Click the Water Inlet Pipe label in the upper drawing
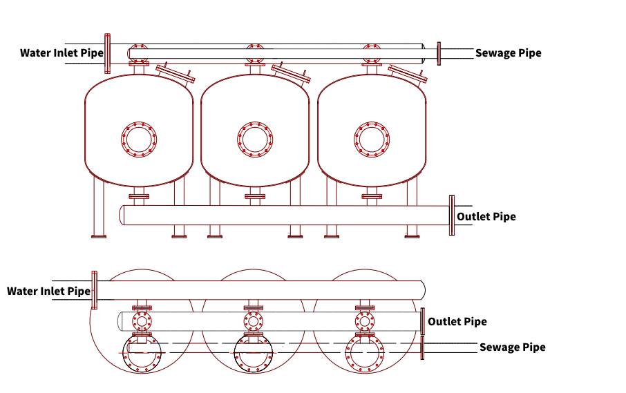[x=61, y=53]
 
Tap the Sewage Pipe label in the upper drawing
[x=509, y=53]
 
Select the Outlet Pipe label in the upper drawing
[x=486, y=217]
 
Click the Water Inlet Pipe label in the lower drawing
[x=48, y=291]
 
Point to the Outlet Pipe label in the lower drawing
[x=457, y=322]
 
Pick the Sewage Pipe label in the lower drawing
[x=512, y=347]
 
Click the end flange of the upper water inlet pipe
[x=107, y=53]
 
